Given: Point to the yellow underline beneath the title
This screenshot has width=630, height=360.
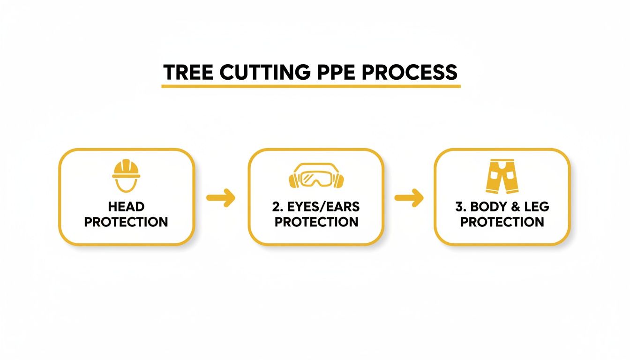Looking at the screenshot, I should pos(311,86).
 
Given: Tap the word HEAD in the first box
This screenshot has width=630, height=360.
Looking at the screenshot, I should pos(126,207).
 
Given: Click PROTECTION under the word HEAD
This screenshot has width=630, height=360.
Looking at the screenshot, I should pos(126,222).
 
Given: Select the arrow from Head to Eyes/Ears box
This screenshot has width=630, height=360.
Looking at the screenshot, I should pos(221,198).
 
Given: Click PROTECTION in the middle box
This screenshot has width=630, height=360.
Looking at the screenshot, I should pos(316,222).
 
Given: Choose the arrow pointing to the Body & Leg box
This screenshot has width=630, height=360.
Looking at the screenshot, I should pos(409,198).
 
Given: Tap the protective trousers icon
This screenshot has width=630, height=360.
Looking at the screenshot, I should pos(502,176).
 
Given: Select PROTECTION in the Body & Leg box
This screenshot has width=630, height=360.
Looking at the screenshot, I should pos(502,222).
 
